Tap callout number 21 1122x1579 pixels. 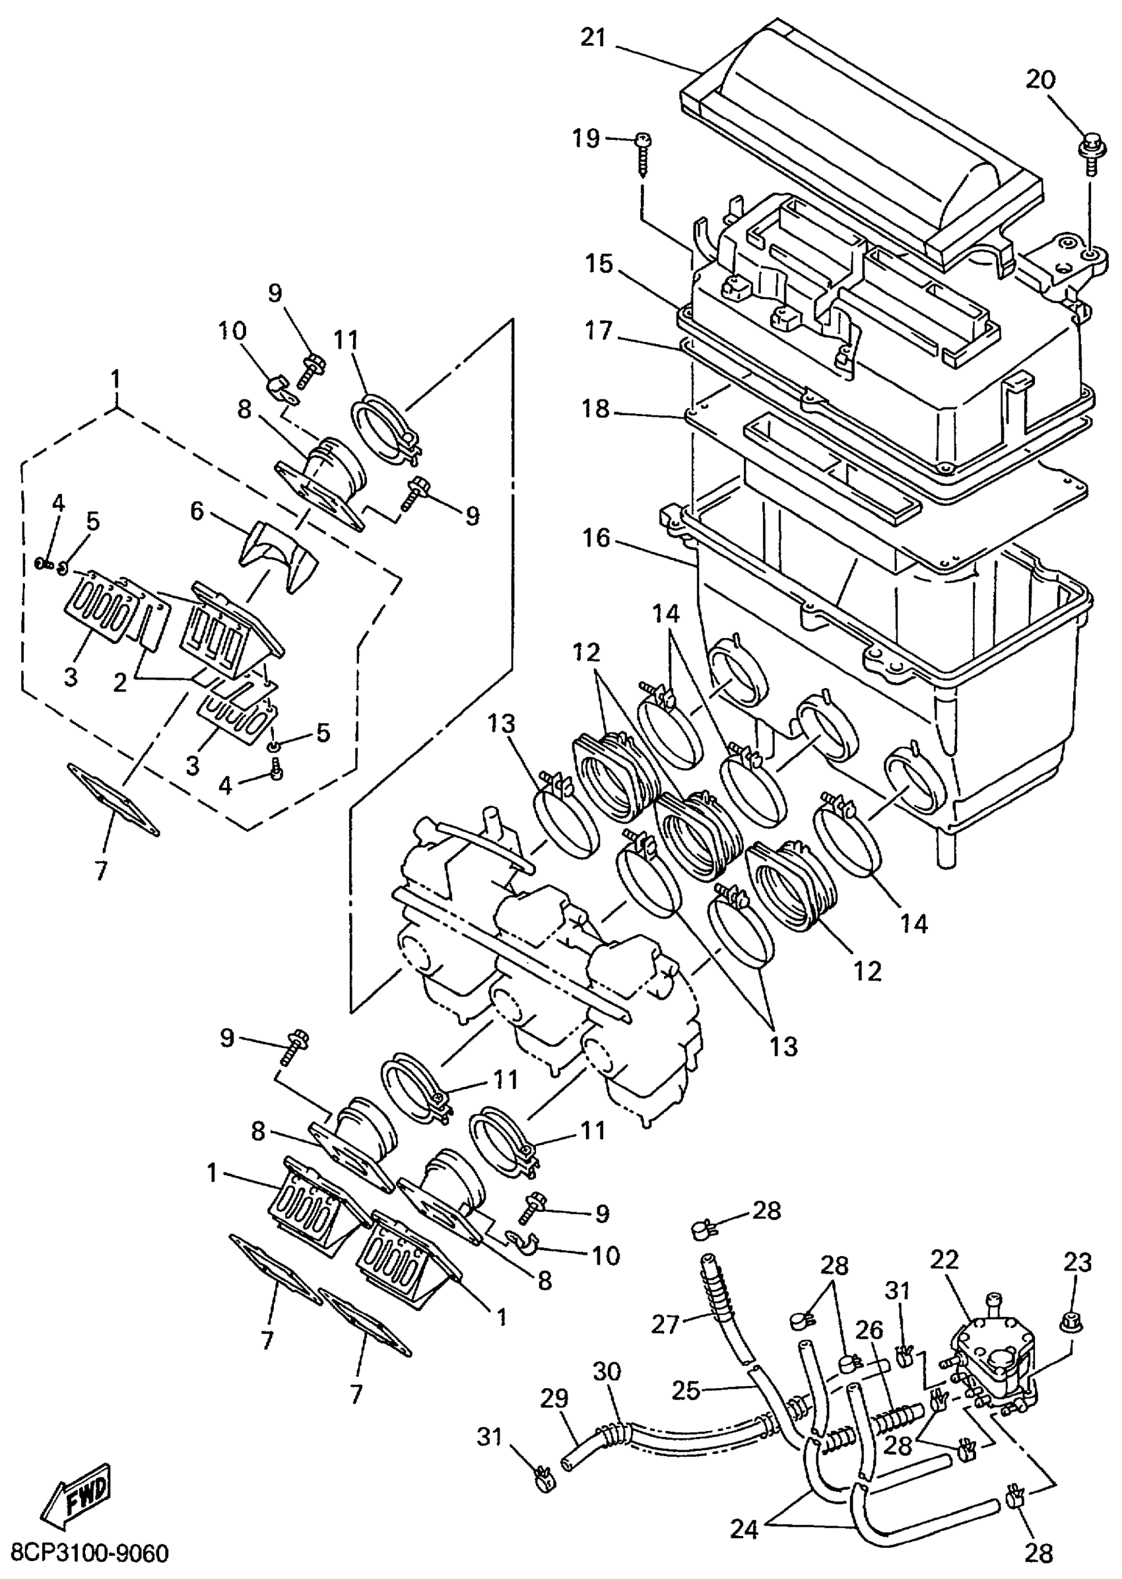pos(593,39)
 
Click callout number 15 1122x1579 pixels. pos(601,263)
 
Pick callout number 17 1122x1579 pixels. pos(599,332)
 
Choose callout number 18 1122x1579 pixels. pos(596,409)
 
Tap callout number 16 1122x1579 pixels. pos(596,538)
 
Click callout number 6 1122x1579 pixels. pos(197,512)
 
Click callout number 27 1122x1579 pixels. pos(666,1325)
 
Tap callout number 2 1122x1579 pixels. pos(120,684)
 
